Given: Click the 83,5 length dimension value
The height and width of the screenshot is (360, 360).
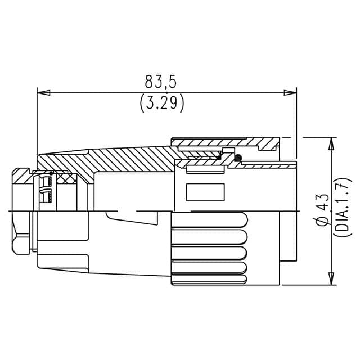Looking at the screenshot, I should [x=161, y=82].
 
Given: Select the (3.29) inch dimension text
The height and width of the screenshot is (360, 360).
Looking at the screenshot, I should [x=161, y=103].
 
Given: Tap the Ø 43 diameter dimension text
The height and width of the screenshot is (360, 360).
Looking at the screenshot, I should [x=322, y=210].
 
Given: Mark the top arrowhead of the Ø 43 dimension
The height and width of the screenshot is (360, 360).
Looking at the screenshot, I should [x=331, y=143].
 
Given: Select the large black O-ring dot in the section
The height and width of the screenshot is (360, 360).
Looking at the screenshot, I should [x=238, y=159].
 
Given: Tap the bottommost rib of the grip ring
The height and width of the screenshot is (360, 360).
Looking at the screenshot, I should [x=208, y=276].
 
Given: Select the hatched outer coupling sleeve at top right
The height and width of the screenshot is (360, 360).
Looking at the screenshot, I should [x=225, y=142].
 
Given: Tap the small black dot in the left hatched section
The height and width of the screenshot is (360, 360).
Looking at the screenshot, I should [x=52, y=172].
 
